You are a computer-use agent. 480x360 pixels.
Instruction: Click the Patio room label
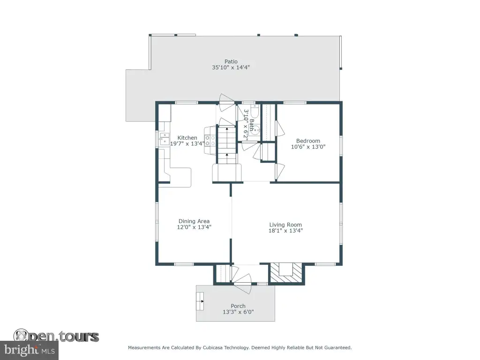[x=231, y=61]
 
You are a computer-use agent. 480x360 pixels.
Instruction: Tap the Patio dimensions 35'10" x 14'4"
[x=231, y=67]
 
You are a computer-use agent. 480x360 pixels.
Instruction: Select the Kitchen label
[x=187, y=138]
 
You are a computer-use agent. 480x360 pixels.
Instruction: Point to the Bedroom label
[x=308, y=141]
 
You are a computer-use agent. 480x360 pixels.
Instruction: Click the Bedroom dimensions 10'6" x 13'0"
[x=308, y=147]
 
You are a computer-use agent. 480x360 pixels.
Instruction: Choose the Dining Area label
[x=194, y=221]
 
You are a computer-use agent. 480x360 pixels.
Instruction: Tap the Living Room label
[x=285, y=225]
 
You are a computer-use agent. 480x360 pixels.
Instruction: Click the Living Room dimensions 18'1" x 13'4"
[x=285, y=231]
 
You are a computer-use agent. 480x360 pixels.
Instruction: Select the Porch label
[x=238, y=306]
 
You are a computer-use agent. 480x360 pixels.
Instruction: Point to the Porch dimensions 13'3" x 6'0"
[x=238, y=312]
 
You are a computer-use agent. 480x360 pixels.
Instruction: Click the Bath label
[x=251, y=125]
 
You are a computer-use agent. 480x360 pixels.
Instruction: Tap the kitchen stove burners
[x=210, y=141]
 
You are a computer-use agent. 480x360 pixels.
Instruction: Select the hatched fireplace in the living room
[x=286, y=273]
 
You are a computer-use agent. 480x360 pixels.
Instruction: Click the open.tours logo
[x=56, y=336]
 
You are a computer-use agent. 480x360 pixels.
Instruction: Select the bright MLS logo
[x=29, y=350]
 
